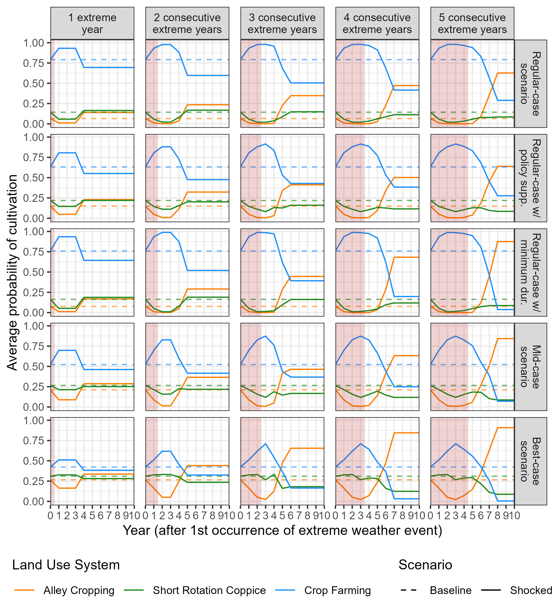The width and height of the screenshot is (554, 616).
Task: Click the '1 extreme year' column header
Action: coord(92,23)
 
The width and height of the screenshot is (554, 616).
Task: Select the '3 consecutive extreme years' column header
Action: coord(282,23)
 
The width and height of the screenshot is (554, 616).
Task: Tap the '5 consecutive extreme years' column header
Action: coord(472,23)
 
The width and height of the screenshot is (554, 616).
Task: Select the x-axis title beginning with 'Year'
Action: coord(282,530)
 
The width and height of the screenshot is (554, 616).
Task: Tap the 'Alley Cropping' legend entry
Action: coord(79,590)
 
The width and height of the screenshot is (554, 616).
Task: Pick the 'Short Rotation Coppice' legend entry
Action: coord(209,590)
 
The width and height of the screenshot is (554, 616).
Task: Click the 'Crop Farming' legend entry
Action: coord(338,590)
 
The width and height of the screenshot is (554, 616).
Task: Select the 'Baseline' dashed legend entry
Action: coord(451,590)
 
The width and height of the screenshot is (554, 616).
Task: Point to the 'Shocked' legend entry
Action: coord(531,590)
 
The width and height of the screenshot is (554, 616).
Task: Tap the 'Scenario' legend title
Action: coord(425,565)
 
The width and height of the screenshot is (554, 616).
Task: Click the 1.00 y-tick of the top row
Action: coord(33,43)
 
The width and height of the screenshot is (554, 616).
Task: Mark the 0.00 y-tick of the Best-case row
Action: coord(33,501)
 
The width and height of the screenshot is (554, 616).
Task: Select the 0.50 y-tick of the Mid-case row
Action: coord(33,367)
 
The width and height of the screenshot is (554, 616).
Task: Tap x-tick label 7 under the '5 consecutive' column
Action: coord(489,516)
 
